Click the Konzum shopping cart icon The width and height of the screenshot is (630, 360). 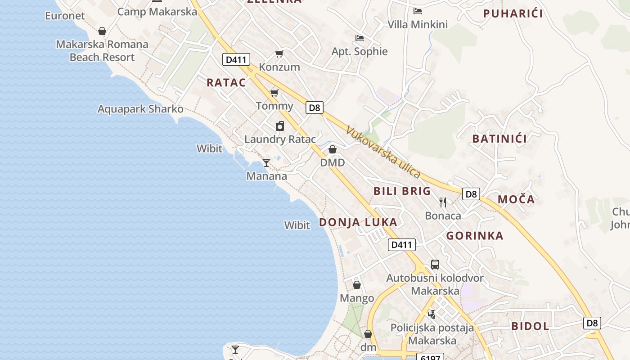pos(279,54)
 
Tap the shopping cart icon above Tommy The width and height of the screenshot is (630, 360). pos(274,93)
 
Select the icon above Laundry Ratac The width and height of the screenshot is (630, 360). pos(280,126)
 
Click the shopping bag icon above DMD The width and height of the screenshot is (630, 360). pos(333,149)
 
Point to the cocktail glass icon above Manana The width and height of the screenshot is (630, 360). pos(266,162)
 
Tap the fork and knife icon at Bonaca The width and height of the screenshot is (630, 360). pos(443,202)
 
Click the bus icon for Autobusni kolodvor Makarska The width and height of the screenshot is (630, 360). pos(435,265)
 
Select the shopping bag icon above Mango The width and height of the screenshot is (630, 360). pos(357,285)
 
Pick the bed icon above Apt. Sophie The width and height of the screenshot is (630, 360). pos(359,38)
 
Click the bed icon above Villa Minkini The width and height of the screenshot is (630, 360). pos(418,11)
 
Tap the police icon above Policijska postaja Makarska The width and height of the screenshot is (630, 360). pos(432,314)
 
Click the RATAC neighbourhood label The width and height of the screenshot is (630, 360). pos(226,82)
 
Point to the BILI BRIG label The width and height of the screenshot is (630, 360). pos(402,191)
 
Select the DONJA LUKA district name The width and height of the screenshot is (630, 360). pos(358,222)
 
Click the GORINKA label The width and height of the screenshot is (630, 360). pos(475,236)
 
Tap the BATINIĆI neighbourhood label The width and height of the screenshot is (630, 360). pos(499,139)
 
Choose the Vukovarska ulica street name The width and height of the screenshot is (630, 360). pos(383,152)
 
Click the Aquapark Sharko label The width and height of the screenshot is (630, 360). pos(140,109)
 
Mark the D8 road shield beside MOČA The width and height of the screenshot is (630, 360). pos(471,194)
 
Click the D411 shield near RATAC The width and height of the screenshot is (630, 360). pos(236,59)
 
